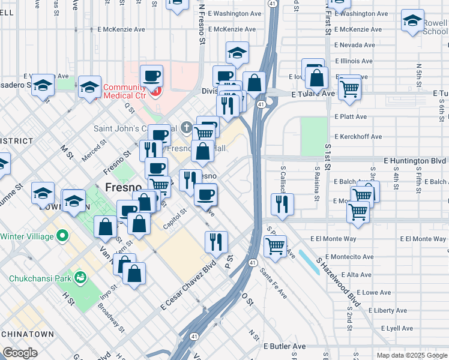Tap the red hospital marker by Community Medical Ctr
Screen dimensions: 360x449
point(157,91)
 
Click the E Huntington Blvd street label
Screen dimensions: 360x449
point(415,161)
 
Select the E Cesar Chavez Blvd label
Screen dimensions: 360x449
point(188,286)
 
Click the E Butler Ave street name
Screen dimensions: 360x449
point(285,346)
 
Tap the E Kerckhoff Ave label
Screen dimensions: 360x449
point(358,137)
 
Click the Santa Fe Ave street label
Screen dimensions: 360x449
point(273,283)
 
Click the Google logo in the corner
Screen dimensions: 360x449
point(20,353)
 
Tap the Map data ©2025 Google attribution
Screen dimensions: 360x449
point(411,355)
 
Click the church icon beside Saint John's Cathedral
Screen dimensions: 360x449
point(186,128)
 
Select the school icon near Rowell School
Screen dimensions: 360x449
point(412,22)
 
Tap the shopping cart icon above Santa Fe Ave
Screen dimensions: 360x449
point(275,245)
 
